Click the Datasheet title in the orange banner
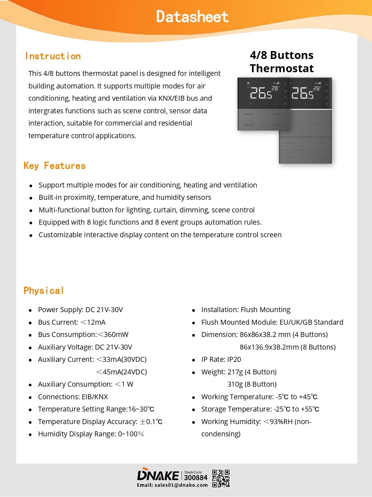pos(192,17)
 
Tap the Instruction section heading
pos(53,56)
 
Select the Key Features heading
pos(55,166)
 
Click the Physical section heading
pos(44,291)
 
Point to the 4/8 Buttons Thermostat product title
pos(282,62)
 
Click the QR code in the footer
pos(221,478)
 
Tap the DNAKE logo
pos(158,475)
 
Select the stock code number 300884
pos(195,477)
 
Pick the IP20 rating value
pos(234,359)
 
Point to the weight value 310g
pos(235,384)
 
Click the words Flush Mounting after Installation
pos(266,310)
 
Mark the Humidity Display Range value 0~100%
pos(131,434)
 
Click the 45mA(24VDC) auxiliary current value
pos(122,372)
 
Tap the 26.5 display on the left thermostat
pos(261,93)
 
